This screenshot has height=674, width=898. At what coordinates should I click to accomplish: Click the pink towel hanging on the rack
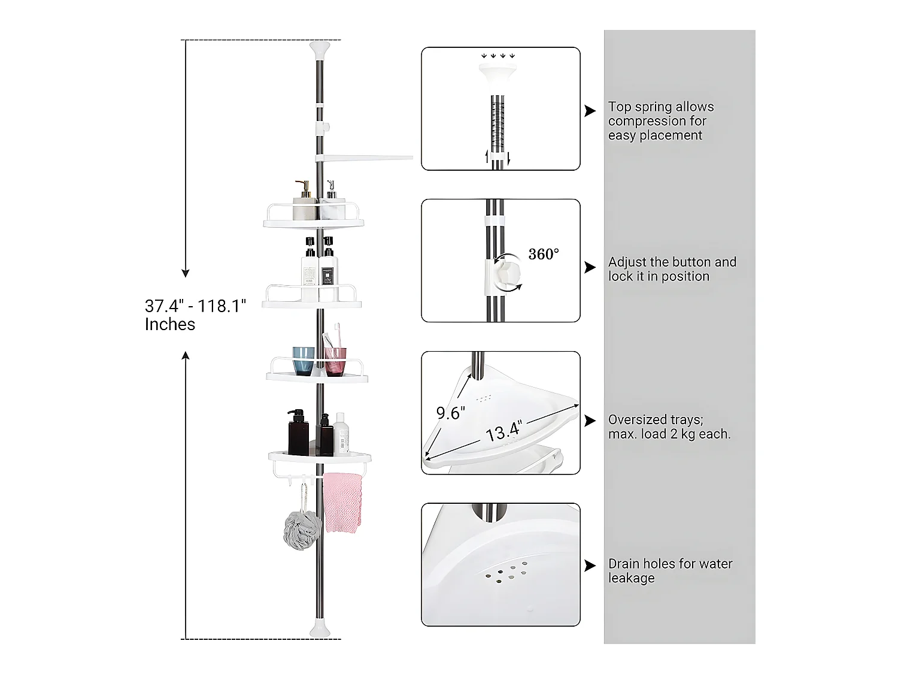tap(342, 503)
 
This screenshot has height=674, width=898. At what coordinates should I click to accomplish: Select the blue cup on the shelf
tap(303, 361)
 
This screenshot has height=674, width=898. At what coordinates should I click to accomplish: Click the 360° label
tap(544, 254)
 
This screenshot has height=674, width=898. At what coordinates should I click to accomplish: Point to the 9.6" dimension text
tap(451, 413)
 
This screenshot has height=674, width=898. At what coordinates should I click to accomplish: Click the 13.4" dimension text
tap(504, 431)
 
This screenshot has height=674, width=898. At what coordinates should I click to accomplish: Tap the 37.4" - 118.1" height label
tap(196, 306)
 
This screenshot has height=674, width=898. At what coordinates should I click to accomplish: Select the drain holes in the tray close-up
tap(506, 572)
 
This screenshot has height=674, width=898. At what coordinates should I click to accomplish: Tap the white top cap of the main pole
tap(320, 49)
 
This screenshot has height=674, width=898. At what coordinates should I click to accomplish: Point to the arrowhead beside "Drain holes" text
tap(590, 566)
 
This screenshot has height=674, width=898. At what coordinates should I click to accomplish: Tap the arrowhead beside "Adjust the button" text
tap(590, 267)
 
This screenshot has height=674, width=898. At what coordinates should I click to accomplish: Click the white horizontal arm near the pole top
tap(364, 158)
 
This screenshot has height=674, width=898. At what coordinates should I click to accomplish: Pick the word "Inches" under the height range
tap(170, 324)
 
